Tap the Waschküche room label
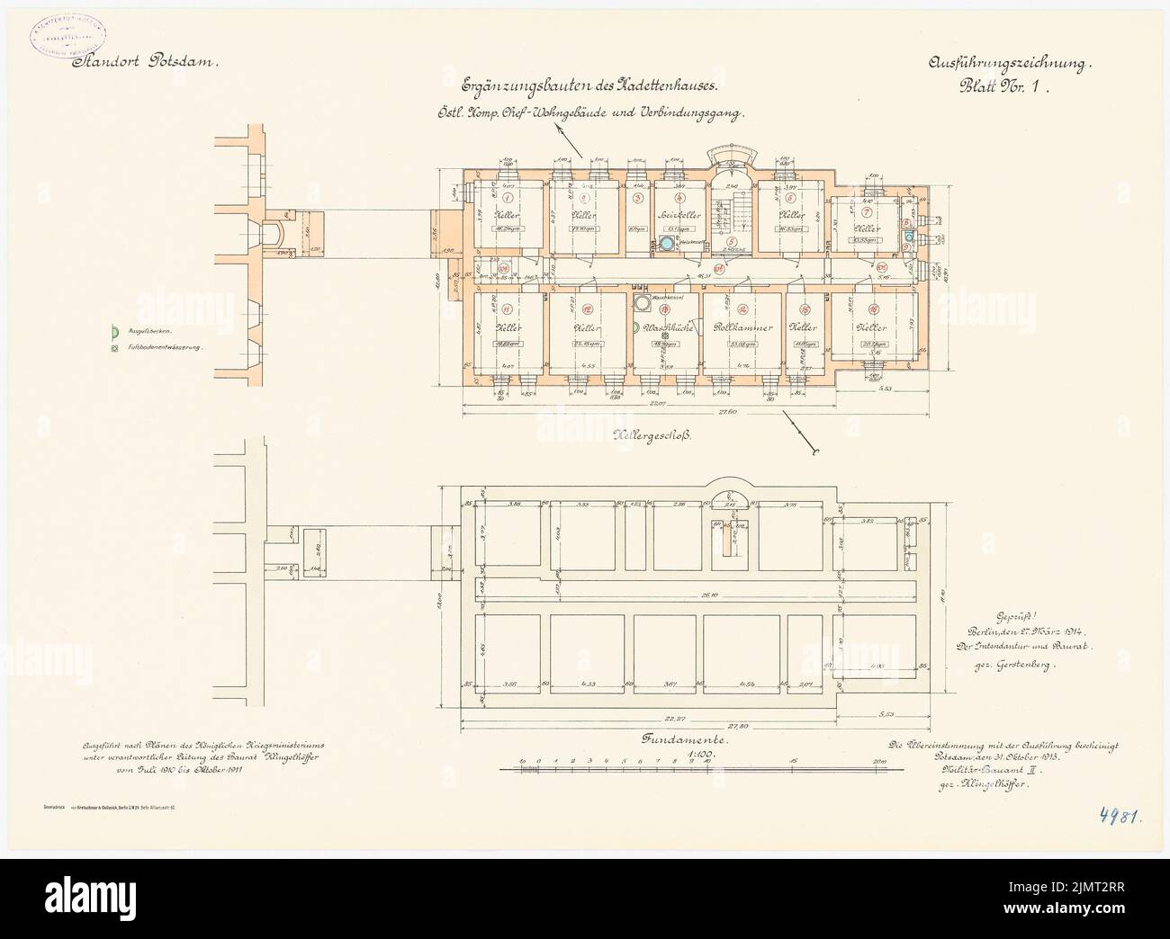point(668,328)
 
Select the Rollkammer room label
point(742,327)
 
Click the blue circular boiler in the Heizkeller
point(665,245)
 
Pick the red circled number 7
point(866,212)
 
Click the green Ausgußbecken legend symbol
point(113,332)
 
